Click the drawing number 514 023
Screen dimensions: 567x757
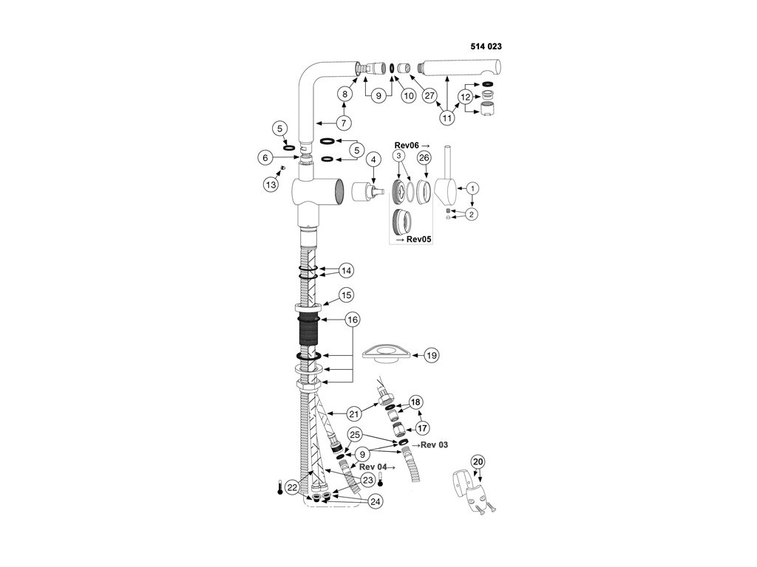[x=486, y=46]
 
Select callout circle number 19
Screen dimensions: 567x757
[x=431, y=355]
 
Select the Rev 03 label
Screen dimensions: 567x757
[x=431, y=444]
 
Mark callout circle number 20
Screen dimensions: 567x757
[x=478, y=462]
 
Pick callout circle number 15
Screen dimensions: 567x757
[x=345, y=295]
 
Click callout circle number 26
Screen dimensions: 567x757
[x=424, y=158]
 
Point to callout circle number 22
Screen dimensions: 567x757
[x=293, y=487]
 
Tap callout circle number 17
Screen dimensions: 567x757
[x=422, y=428]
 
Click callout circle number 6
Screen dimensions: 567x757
[x=265, y=157]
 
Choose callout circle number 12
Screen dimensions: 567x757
[x=466, y=97]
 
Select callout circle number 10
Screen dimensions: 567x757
[x=407, y=95]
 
